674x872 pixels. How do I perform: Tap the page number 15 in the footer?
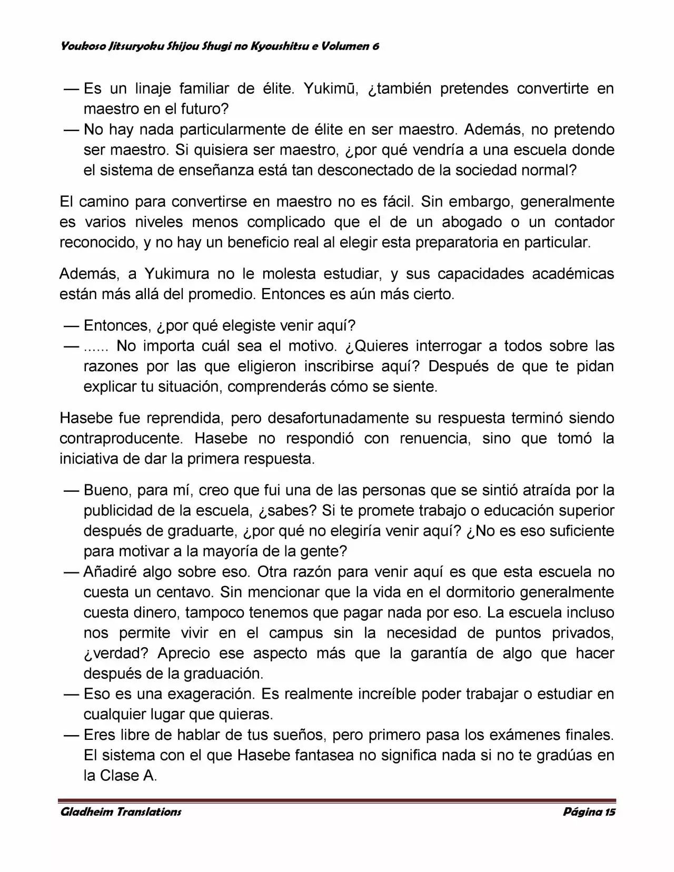610,811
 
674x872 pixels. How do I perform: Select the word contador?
584,222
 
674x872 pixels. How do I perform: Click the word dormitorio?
481,592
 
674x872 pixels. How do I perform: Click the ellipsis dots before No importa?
96,348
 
